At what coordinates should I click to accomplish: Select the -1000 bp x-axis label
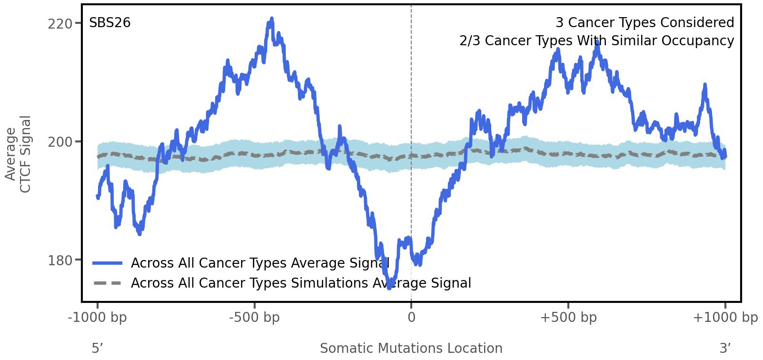pos(98,318)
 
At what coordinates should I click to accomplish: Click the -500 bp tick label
pos(254,318)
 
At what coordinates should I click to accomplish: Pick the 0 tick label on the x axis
pos(411,318)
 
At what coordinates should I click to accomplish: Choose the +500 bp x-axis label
pos(568,318)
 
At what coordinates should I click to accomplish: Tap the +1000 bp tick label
pos(725,318)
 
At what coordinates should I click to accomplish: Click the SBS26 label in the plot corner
pos(110,23)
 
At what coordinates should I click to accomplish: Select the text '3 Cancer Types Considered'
pos(644,23)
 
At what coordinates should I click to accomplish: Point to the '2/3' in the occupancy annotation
pos(469,41)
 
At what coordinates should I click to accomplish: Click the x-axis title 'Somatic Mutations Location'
pos(411,349)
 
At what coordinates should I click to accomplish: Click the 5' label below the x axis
pos(97,349)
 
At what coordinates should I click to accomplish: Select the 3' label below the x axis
pos(725,349)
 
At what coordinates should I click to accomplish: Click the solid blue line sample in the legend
pos(108,263)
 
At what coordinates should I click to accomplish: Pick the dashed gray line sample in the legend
pos(108,283)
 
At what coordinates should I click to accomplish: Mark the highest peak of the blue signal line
pos(271,19)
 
